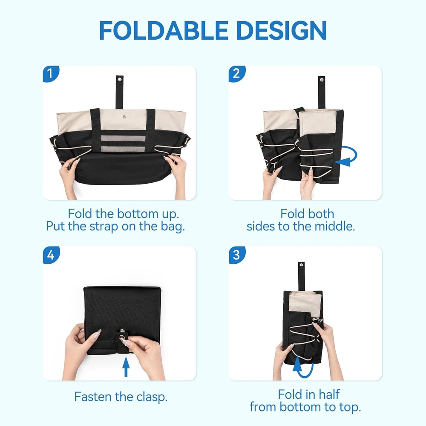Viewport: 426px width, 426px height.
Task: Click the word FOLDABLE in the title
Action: tap(164, 30)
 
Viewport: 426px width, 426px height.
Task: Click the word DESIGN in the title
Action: tap(282, 30)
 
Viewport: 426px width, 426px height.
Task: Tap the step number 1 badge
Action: tap(51, 74)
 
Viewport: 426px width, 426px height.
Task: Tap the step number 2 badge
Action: tap(237, 74)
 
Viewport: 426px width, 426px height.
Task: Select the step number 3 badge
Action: tap(237, 255)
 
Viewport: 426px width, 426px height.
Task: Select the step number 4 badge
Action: tap(51, 255)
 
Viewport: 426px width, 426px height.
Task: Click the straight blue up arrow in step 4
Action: tap(126, 367)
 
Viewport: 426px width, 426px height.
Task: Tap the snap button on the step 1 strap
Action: tap(120, 79)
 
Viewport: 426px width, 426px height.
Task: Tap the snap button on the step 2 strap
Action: tap(322, 80)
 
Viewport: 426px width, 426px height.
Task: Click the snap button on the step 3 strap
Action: tap(301, 265)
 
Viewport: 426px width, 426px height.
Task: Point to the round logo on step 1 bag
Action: tap(124, 117)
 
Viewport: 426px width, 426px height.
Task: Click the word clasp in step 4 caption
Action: tap(152, 397)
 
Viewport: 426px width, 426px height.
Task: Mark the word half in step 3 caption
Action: tap(329, 394)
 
